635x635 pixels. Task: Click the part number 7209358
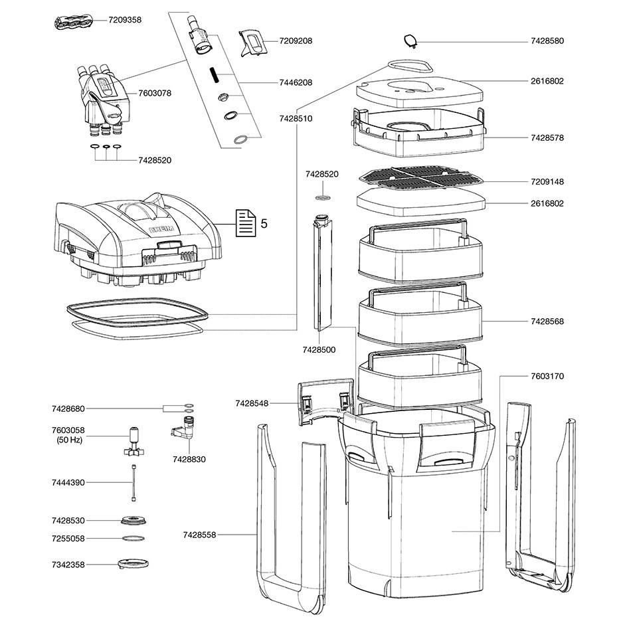[x=125, y=20]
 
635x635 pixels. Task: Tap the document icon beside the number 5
[x=246, y=223]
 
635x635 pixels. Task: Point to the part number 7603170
[x=547, y=376]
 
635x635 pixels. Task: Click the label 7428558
[x=200, y=534]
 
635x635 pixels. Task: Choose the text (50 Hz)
[x=68, y=440]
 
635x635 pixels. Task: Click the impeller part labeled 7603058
[x=134, y=444]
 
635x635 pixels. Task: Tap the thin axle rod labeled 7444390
[x=134, y=482]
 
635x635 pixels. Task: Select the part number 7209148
[x=547, y=181]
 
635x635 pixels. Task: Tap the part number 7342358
[x=68, y=565]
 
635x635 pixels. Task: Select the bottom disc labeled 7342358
[x=133, y=564]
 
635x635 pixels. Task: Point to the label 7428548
[x=251, y=403]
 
